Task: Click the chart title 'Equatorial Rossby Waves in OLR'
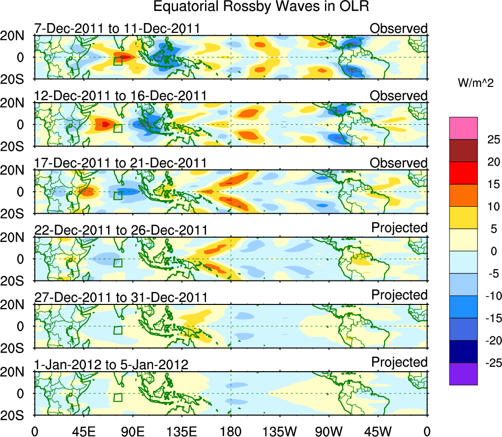pyautogui.click(x=261, y=7)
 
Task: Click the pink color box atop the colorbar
pyautogui.click(x=463, y=128)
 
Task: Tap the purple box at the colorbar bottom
pyautogui.click(x=463, y=374)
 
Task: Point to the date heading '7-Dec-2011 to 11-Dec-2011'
pyautogui.click(x=117, y=28)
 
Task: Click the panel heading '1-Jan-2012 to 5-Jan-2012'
pyautogui.click(x=111, y=365)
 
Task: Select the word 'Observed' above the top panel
pyautogui.click(x=399, y=28)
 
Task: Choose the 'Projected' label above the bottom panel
pyautogui.click(x=399, y=362)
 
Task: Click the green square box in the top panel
pyautogui.click(x=118, y=61)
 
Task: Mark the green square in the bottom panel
pyautogui.click(x=118, y=397)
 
